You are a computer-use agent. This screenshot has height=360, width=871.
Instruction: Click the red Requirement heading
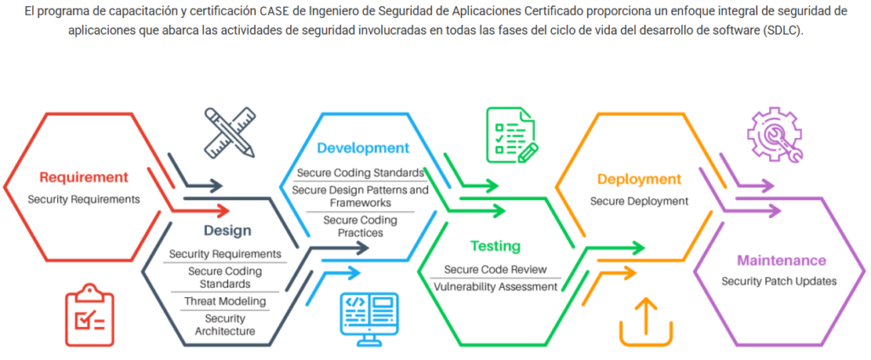click(x=83, y=177)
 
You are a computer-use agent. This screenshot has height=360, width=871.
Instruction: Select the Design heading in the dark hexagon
click(x=227, y=231)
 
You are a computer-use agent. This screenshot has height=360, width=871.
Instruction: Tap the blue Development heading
click(x=363, y=147)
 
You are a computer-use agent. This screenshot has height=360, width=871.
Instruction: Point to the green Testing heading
click(x=495, y=246)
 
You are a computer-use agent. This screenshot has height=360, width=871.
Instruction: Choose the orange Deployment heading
click(x=639, y=180)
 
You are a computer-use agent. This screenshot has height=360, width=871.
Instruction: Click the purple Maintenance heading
click(x=781, y=260)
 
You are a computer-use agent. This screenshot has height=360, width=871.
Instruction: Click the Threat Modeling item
click(x=225, y=301)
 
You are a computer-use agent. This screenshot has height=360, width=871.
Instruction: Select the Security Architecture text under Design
click(x=225, y=324)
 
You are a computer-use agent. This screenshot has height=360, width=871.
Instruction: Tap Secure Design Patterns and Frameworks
click(x=360, y=197)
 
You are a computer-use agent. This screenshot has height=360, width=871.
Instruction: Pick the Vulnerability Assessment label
click(x=495, y=287)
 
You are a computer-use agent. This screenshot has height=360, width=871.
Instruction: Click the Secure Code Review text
click(x=495, y=270)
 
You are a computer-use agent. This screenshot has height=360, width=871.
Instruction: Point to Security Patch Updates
click(x=779, y=281)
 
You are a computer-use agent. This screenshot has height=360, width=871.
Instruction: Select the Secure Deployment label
click(x=639, y=201)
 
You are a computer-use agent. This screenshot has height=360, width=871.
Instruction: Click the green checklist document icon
click(x=510, y=135)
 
